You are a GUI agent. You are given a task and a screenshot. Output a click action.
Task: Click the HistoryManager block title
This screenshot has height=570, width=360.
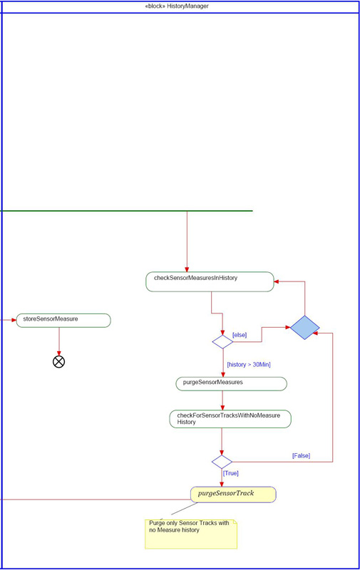(x=177, y=6)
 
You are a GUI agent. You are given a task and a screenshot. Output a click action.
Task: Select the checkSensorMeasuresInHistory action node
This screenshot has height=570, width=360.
(x=210, y=281)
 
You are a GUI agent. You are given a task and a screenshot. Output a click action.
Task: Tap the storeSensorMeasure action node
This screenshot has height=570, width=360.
(x=63, y=320)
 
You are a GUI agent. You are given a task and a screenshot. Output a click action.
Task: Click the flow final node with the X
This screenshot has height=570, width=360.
(x=59, y=362)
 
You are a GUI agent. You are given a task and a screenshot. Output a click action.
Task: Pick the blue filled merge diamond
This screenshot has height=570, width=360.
(x=304, y=328)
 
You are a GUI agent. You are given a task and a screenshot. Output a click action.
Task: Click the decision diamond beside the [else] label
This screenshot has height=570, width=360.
(x=222, y=342)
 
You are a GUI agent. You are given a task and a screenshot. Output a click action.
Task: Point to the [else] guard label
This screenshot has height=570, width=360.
(x=240, y=335)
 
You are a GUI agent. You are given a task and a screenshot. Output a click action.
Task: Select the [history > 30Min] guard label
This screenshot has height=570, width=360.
(x=249, y=364)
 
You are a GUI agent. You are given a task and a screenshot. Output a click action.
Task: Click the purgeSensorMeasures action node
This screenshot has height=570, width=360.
(x=231, y=384)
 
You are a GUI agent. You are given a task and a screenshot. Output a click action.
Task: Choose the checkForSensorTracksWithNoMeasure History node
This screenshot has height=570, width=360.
(x=230, y=419)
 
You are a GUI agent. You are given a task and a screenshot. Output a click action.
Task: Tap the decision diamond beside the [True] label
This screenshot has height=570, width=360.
(x=222, y=462)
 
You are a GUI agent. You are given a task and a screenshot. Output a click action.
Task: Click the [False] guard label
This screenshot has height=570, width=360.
(x=301, y=455)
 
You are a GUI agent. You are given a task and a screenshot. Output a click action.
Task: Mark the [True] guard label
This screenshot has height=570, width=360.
(x=231, y=473)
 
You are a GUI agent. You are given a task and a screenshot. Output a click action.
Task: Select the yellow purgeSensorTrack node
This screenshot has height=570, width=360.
(x=233, y=494)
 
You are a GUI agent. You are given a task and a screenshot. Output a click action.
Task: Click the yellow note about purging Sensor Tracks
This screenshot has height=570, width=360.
(x=191, y=534)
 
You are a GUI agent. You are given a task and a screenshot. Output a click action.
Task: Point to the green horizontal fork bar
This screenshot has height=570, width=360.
(x=126, y=211)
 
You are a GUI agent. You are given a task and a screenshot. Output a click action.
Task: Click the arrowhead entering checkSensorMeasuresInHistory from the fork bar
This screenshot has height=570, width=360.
(x=187, y=269)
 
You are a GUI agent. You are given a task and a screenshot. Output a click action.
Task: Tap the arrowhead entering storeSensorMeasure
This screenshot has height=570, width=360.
(x=14, y=320)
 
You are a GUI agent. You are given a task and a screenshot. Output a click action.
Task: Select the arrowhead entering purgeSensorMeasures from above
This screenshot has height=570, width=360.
(x=223, y=375)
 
